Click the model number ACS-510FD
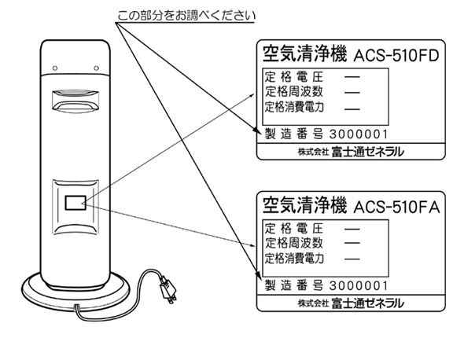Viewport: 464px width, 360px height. pos(396,56)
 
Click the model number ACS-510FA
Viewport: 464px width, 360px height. pos(397,207)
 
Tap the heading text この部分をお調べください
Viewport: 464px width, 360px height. pos(186,16)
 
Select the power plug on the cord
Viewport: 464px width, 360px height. pos(168,290)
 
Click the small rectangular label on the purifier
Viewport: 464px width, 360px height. pos(75,203)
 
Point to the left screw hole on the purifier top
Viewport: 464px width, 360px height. pos(55,68)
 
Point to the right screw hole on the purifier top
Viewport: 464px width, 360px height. pos(96,68)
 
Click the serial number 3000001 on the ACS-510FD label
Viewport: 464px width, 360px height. pos(359,134)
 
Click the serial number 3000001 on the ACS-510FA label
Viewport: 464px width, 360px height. pos(359,286)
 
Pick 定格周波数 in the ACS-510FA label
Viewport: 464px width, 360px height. pos(294,243)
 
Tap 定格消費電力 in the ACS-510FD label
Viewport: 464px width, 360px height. pos(294,107)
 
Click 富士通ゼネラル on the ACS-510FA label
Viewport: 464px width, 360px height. pos(367,303)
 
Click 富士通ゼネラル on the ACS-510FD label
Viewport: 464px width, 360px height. pos(367,152)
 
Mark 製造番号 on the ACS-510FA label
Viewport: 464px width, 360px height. pos(293,286)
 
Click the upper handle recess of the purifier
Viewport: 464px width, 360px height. pos(75,101)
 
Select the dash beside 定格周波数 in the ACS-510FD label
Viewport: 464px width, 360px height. pos(352,93)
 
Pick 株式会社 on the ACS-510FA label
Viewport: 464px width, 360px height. pos(313,303)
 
